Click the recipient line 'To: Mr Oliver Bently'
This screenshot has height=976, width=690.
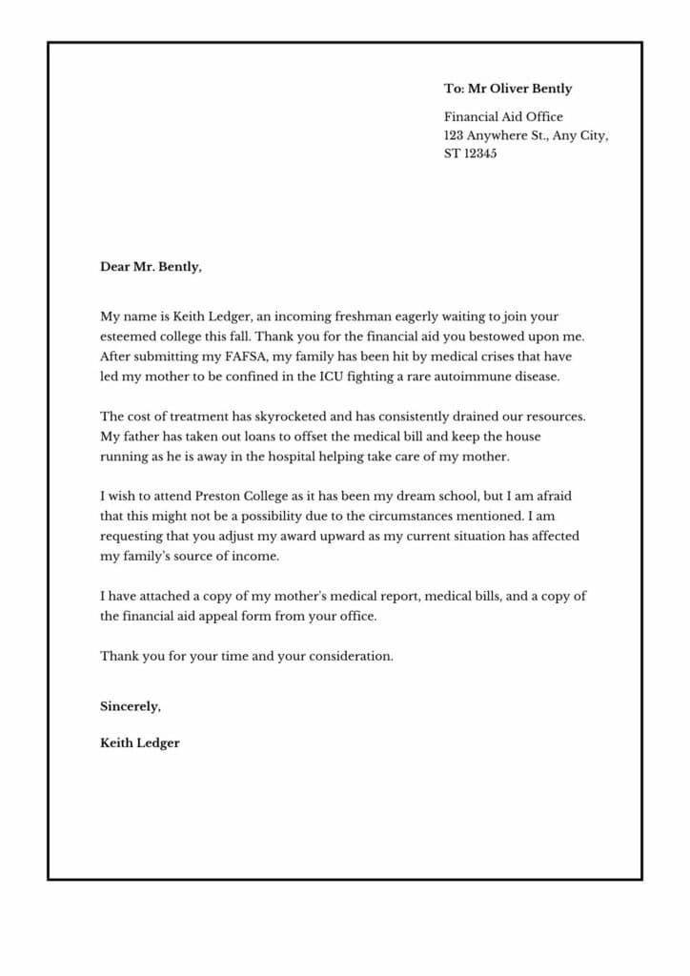(x=508, y=89)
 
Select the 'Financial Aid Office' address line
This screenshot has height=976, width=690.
(x=503, y=117)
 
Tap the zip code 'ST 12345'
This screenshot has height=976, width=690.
(x=470, y=153)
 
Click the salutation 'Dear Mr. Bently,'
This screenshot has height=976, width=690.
(x=151, y=267)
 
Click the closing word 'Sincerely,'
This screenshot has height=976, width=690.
(x=131, y=706)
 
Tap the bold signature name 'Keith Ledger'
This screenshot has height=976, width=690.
(x=139, y=742)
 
